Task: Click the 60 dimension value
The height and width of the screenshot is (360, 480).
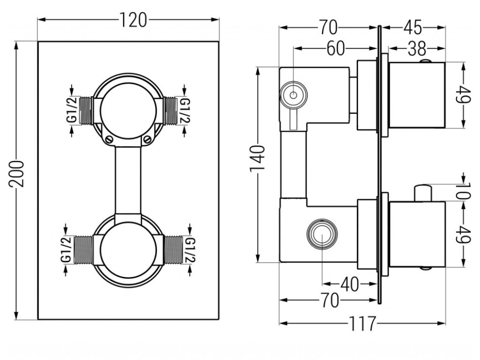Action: [x=336, y=48]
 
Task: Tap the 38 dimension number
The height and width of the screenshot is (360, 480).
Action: [x=416, y=48]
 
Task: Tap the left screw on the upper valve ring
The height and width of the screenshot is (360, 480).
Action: [x=108, y=138]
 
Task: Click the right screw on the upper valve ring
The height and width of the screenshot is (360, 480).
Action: [x=148, y=138]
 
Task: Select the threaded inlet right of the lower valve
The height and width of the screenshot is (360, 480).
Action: [x=175, y=248]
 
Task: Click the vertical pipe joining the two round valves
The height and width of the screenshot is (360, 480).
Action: [x=128, y=180]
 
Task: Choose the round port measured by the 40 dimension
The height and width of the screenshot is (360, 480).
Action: [x=322, y=233]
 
